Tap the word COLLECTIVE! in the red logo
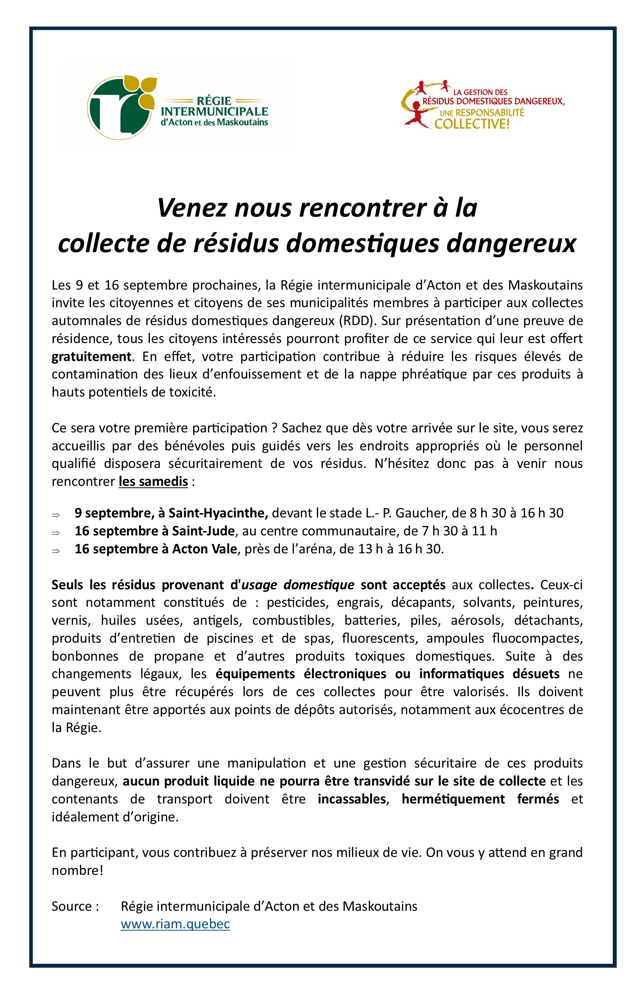[472, 124]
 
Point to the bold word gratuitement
[91, 357]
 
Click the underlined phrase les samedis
[153, 481]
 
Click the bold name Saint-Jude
[203, 531]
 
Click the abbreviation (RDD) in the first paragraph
[358, 321]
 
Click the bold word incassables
[352, 799]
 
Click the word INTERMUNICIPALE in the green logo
[214, 112]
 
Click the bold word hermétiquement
[453, 799]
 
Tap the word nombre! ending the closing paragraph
[77, 871]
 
